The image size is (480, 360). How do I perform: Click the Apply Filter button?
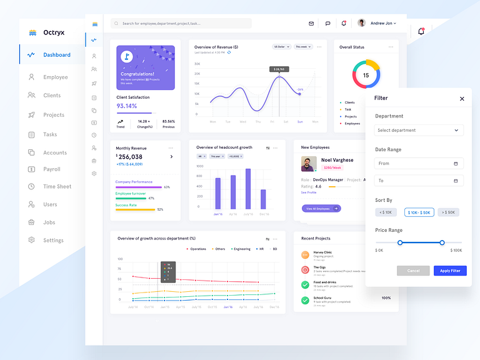(450, 271)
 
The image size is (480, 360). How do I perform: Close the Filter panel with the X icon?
(462, 99)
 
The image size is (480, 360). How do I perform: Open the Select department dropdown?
(419, 131)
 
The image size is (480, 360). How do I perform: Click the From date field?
(419, 164)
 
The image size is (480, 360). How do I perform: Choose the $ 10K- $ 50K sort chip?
(419, 212)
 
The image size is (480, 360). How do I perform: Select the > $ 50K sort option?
(448, 212)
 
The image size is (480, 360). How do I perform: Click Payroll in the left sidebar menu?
(52, 169)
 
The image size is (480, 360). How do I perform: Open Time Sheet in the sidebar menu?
(57, 187)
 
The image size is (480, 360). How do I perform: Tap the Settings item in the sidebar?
(53, 241)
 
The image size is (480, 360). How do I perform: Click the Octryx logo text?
(54, 32)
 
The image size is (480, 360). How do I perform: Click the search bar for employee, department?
(181, 23)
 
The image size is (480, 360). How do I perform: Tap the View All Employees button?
(321, 208)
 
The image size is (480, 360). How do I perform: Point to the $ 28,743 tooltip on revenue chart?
(279, 69)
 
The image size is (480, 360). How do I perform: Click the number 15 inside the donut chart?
(366, 76)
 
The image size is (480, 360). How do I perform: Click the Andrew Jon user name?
(382, 23)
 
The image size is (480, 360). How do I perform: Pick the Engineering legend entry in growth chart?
(241, 249)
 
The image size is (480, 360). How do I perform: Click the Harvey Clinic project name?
(322, 252)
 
